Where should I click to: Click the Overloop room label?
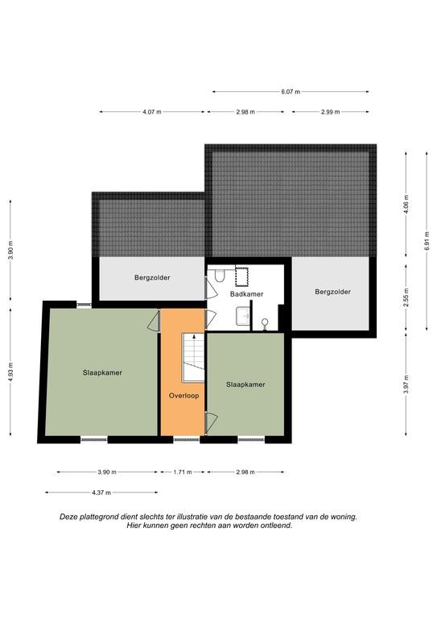click(183, 396)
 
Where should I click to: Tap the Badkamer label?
click(247, 294)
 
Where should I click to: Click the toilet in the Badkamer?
click(220, 275)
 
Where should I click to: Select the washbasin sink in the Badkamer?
click(243, 317)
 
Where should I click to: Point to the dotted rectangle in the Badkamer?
click(241, 276)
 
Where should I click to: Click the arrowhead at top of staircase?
click(194, 336)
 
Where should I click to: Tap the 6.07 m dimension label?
click(291, 92)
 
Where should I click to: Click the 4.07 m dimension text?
click(152, 112)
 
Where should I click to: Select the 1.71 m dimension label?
click(183, 472)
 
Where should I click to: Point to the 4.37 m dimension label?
click(101, 492)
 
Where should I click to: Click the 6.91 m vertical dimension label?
click(427, 241)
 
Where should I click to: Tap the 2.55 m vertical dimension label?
click(406, 297)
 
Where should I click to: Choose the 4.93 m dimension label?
click(10, 372)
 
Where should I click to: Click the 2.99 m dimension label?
click(330, 112)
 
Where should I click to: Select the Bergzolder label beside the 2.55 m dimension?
click(332, 292)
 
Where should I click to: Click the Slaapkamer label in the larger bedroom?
click(102, 372)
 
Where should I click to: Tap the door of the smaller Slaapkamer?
click(211, 422)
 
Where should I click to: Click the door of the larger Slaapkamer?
click(154, 321)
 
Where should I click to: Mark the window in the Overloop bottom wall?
click(187, 439)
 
